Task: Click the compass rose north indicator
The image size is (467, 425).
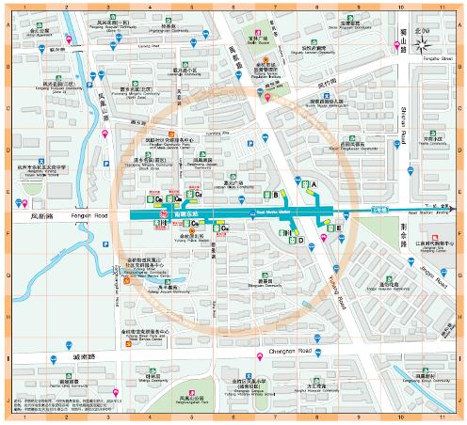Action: click(427, 41)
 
